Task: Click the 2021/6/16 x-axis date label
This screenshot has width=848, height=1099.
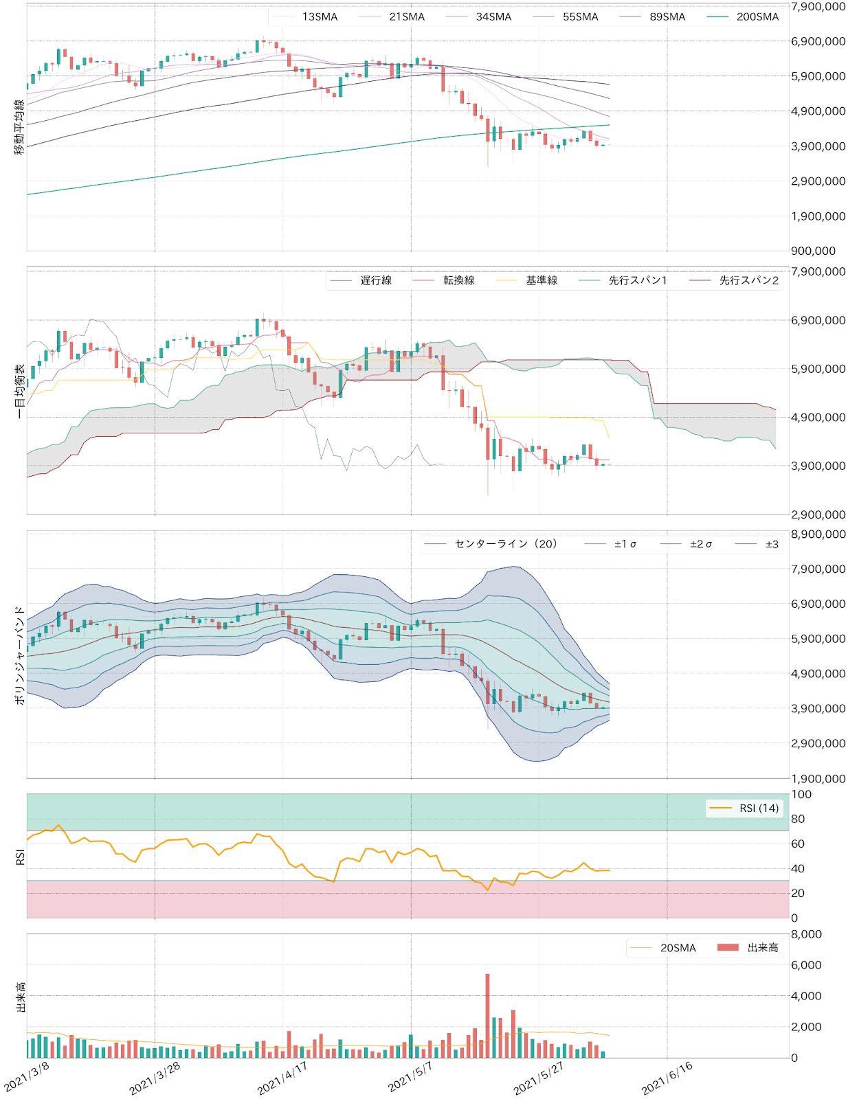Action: coord(667,1078)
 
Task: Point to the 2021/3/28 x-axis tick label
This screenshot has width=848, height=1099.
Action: coord(155,1078)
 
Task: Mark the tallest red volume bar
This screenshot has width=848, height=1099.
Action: coord(487,1015)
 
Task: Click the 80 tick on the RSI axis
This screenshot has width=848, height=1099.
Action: coord(798,819)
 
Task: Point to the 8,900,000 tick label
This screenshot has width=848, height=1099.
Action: coord(818,534)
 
